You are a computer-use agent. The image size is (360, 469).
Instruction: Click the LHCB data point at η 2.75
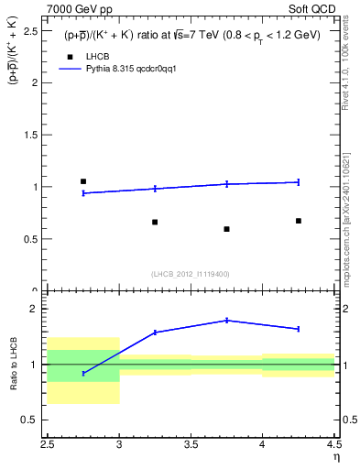[83, 181]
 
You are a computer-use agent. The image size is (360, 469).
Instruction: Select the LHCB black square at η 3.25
[155, 222]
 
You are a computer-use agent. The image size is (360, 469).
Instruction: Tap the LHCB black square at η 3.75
[226, 229]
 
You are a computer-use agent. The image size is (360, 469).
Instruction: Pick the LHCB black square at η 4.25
[299, 221]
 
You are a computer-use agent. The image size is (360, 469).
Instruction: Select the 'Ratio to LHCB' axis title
[14, 365]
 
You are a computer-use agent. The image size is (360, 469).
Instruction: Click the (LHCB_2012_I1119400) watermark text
[191, 274]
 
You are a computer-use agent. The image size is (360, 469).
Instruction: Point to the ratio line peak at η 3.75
[226, 320]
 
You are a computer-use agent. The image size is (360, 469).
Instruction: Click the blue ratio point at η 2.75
[83, 373]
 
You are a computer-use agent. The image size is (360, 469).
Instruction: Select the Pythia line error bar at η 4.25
[299, 181]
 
